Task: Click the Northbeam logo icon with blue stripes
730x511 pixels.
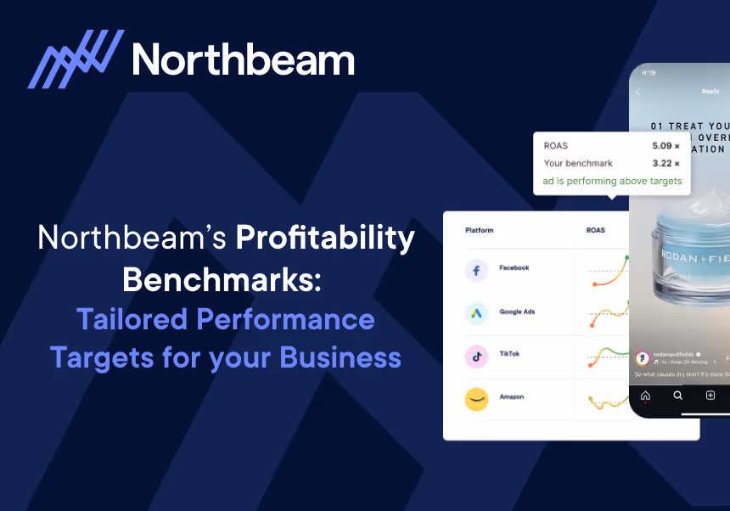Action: pos(76,59)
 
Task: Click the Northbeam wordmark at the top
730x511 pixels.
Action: pos(244,60)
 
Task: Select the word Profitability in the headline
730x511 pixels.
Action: pos(325,239)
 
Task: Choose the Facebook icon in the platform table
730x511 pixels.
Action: pos(477,270)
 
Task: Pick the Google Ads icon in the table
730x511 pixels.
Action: pos(477,313)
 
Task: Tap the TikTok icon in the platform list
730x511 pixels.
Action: pos(477,357)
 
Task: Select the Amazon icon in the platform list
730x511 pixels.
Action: pos(477,400)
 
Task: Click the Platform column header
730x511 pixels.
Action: pos(479,230)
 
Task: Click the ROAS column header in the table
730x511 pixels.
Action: pos(596,230)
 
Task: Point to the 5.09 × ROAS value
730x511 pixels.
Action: pos(665,146)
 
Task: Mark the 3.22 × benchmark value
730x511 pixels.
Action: pos(665,163)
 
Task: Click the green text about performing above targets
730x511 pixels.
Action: pos(612,181)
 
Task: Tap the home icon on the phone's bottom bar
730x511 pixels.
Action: pos(645,396)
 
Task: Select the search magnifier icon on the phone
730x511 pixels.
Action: pos(677,396)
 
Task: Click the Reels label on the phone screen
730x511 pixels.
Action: pos(710,92)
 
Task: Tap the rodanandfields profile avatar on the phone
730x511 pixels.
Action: pos(643,357)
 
